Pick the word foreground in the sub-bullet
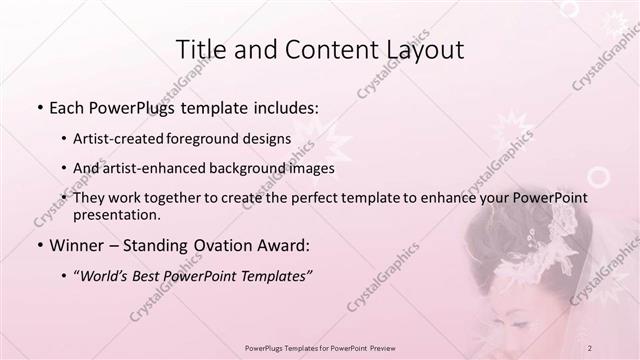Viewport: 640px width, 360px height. point(218,139)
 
